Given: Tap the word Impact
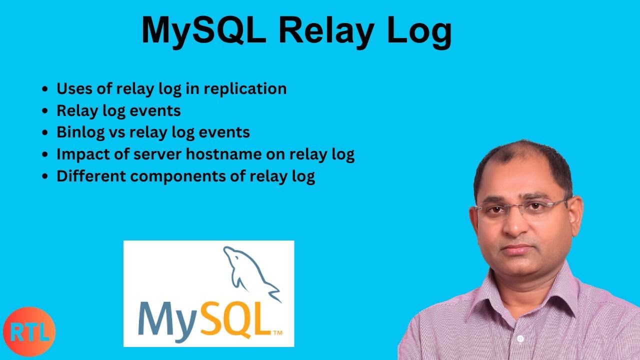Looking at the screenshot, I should click(79, 155).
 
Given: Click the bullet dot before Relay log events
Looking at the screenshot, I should click(45, 111).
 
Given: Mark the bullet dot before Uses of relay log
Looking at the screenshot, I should click(45, 89).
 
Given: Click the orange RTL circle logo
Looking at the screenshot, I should click(29, 332).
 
